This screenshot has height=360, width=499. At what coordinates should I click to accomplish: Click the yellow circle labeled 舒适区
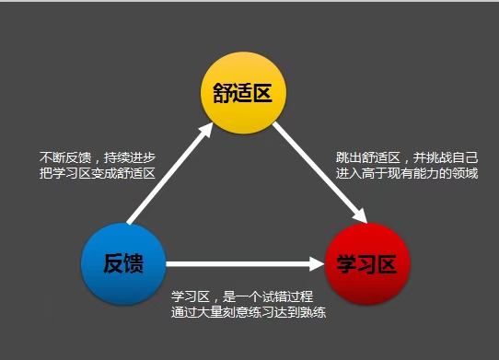(x=243, y=93)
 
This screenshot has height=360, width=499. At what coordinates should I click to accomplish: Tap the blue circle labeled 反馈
(x=123, y=264)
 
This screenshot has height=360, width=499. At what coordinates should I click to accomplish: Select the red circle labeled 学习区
(x=367, y=264)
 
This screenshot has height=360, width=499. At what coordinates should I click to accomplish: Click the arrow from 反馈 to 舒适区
(x=170, y=173)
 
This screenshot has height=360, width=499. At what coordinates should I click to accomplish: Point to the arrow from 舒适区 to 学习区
(x=320, y=173)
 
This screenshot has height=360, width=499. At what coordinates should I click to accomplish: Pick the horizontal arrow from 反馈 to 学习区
(x=246, y=264)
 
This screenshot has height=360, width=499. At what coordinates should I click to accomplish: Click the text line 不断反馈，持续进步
(x=98, y=157)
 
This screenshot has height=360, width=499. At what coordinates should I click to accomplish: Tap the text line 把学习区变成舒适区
(x=98, y=173)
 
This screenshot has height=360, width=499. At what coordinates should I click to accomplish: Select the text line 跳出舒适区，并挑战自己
(x=407, y=157)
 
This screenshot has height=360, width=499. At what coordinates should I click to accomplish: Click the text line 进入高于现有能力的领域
(x=407, y=173)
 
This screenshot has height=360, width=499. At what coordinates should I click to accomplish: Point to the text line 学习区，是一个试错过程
(x=242, y=296)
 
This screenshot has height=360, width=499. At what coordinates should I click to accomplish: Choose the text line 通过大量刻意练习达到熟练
(x=249, y=312)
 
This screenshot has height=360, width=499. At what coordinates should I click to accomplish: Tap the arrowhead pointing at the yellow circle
(x=205, y=130)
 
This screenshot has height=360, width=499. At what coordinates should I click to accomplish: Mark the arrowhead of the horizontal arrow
(x=317, y=264)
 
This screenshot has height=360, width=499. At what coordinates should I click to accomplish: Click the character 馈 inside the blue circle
(x=133, y=263)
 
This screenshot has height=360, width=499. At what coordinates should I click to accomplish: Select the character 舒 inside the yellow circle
(x=223, y=93)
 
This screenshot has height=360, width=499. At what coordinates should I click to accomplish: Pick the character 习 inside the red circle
(x=367, y=264)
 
